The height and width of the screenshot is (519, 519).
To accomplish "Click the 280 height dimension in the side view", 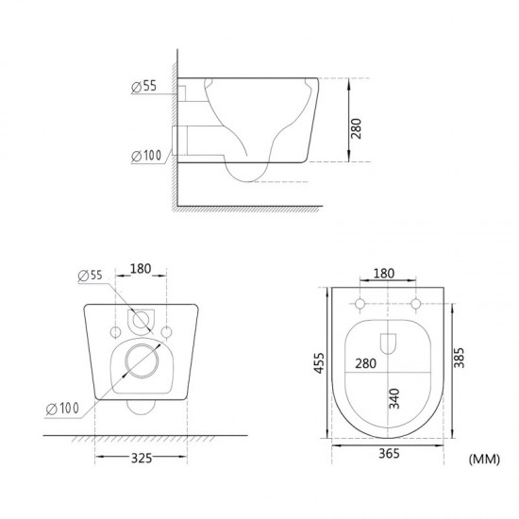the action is pos(356,129).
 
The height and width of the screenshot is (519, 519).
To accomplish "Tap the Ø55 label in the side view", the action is pos(144,87).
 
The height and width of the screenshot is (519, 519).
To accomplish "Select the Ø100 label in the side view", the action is pos(146,156).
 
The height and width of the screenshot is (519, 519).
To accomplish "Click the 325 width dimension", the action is pos(142,458).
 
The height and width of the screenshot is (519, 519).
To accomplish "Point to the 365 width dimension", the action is pos(389,454).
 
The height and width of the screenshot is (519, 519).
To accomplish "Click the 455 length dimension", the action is pos(319,363).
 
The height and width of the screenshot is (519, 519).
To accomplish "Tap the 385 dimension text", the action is pos(460,358).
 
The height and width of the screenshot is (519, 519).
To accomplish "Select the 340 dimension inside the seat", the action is pos(394,398).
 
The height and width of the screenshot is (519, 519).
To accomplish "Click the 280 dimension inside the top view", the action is pos(366,363).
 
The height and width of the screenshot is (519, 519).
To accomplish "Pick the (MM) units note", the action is pos(484,460).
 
